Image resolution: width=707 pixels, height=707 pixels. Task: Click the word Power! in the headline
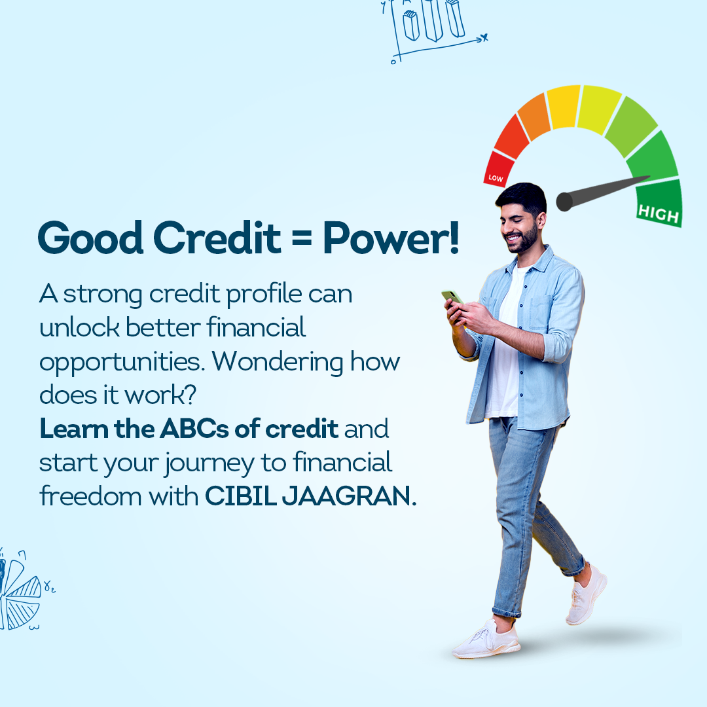point(391,238)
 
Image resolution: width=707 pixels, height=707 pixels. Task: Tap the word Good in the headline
point(90,238)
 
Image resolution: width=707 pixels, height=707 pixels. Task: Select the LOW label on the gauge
point(496,178)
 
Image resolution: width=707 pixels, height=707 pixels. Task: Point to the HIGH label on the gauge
point(659,213)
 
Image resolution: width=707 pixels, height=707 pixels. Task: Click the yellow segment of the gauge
point(563,107)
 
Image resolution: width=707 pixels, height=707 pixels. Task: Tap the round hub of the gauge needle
point(564,201)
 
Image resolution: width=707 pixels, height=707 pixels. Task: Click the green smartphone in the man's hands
point(452,299)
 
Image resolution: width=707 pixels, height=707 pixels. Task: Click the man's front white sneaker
point(486,640)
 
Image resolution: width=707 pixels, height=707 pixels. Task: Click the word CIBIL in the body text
point(241,496)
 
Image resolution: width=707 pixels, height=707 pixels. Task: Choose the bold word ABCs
point(194,428)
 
